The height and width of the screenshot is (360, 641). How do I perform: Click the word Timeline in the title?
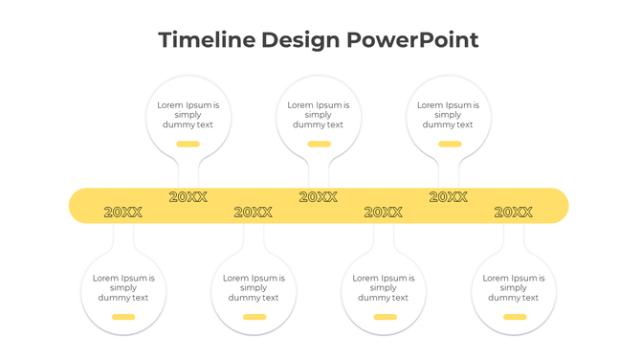(206, 40)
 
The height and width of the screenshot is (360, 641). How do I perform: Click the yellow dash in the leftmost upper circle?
(188, 145)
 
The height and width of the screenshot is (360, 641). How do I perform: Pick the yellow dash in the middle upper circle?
(319, 145)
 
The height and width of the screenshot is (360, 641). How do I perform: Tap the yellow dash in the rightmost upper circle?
(449, 145)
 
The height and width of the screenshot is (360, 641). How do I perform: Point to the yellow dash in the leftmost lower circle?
(123, 317)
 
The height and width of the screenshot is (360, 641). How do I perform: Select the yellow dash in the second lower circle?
(254, 317)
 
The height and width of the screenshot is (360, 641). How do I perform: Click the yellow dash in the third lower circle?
(385, 317)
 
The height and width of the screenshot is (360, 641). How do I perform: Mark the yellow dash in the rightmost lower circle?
(515, 317)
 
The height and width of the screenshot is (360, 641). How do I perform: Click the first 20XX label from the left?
(123, 213)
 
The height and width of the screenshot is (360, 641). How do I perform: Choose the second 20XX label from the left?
(188, 197)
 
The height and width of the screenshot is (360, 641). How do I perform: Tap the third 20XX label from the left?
(254, 213)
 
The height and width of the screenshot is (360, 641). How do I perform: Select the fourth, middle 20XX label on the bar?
(319, 197)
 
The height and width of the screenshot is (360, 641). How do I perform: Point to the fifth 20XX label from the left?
(384, 213)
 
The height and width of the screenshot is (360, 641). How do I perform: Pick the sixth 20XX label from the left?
(449, 197)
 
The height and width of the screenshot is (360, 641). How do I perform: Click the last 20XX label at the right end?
(514, 213)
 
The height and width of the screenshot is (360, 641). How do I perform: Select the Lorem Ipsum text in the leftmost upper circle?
(188, 115)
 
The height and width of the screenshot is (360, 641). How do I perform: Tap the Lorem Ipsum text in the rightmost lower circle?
(514, 287)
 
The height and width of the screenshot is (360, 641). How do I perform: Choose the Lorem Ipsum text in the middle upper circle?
(319, 115)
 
